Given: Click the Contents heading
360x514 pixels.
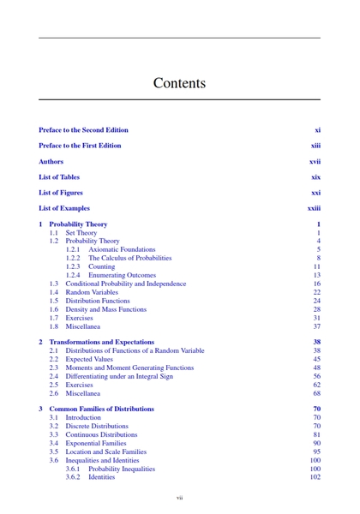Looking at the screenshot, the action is coord(180,83).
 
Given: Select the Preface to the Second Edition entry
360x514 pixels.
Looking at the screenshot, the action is coord(83,130).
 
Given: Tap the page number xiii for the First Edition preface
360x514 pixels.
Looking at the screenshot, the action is coord(315,146).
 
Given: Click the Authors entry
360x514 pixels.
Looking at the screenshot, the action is coord(51,161).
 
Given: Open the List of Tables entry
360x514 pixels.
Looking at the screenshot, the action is coord(59,176).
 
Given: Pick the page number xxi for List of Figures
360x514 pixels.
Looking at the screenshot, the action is coord(315,193).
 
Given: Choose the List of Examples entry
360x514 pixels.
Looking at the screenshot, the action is coord(64,208).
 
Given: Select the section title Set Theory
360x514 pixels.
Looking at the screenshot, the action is coord(81,233).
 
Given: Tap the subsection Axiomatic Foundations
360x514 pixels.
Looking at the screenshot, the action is coord(123,249).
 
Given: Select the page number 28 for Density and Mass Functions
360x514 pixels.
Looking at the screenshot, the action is coord(316,309).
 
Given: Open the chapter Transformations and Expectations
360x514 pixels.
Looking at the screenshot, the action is coord(102,342).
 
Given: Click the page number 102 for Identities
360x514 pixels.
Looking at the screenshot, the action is coord(315,477).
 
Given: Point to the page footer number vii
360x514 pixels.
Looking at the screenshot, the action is coord(180,498).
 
